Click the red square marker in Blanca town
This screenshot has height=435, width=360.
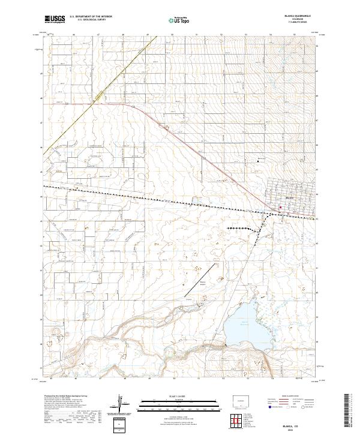[280, 208]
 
